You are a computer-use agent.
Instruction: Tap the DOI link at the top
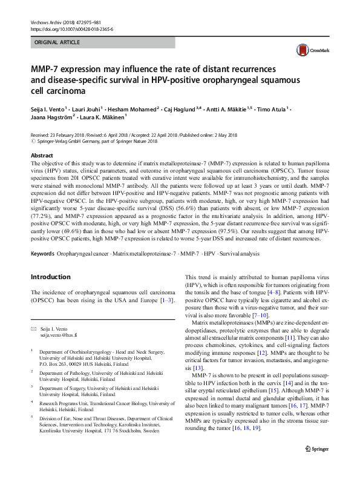coord(71,29)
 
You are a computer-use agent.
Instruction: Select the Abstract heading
coord(42,156)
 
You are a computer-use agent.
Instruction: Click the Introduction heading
coord(51,277)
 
